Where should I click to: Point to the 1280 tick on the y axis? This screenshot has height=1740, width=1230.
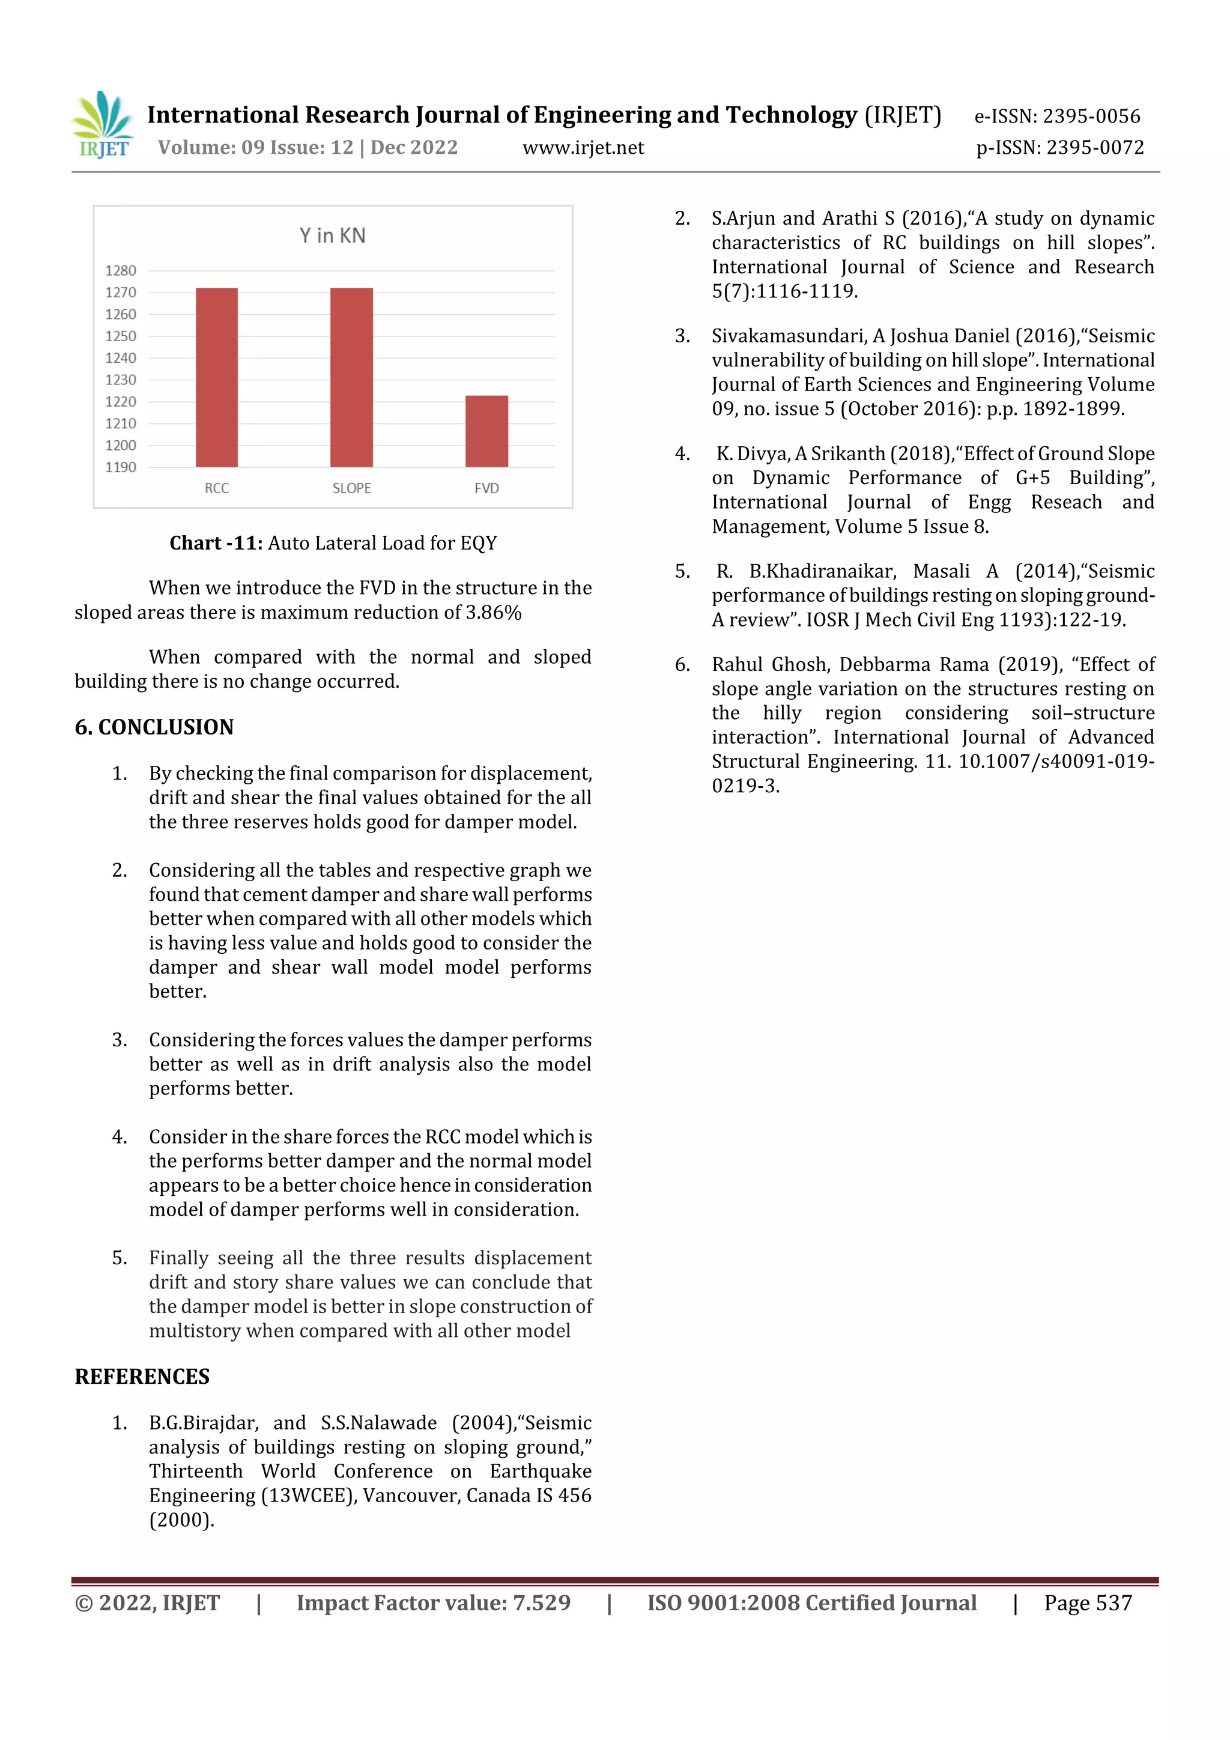pyautogui.click(x=121, y=270)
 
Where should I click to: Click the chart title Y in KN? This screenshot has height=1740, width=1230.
pyautogui.click(x=332, y=235)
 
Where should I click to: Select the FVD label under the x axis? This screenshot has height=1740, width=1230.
pyautogui.click(x=486, y=488)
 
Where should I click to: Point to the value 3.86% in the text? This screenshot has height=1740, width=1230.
pyautogui.click(x=493, y=613)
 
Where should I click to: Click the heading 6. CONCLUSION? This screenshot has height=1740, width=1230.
pyautogui.click(x=154, y=727)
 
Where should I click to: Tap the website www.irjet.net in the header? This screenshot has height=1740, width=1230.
pyautogui.click(x=583, y=147)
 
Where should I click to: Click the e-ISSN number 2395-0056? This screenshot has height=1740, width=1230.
pyautogui.click(x=1091, y=116)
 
